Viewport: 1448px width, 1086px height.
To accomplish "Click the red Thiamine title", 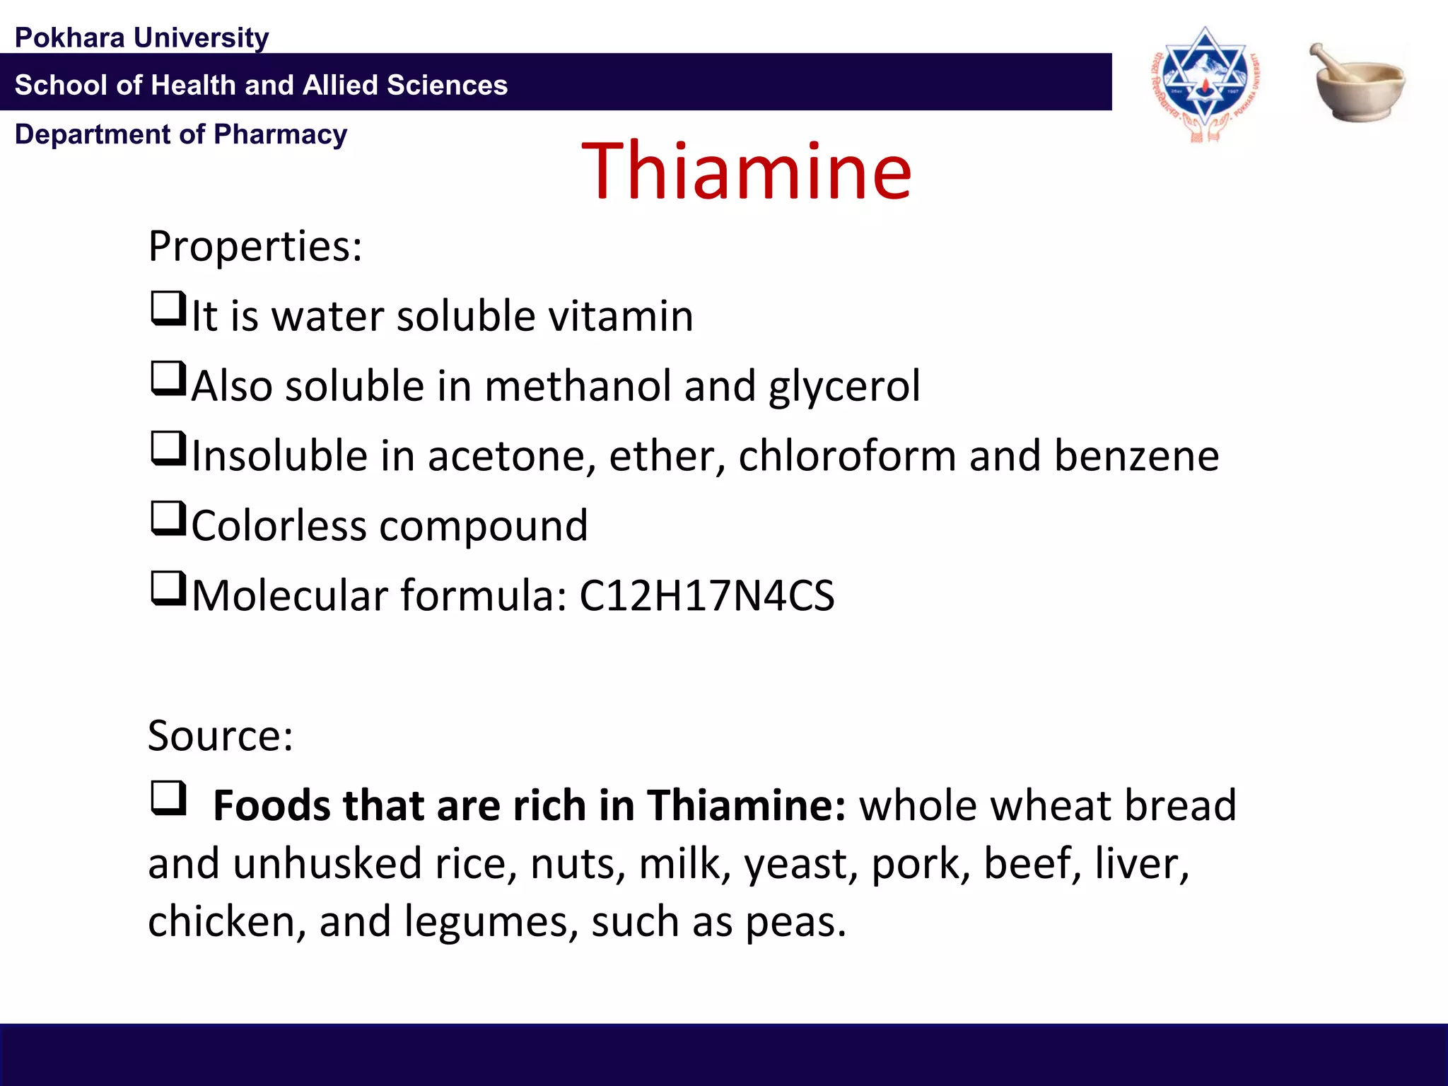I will (746, 171).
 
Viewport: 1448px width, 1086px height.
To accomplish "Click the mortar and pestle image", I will (1357, 83).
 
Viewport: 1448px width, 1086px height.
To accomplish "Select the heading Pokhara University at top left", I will (141, 37).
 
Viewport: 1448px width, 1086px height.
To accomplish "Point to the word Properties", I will (255, 247).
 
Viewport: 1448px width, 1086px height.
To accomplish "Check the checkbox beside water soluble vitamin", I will (168, 309).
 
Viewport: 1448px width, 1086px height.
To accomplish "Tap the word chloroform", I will (847, 455).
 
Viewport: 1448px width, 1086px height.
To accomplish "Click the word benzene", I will (1136, 455).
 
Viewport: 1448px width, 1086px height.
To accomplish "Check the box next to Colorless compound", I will (168, 519).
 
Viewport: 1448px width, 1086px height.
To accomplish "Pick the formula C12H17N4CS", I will (706, 595).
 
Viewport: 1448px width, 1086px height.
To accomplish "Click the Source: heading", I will (220, 735).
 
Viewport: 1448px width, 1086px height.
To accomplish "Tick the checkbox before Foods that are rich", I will (168, 799).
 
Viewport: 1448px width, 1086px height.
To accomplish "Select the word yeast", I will (795, 865).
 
